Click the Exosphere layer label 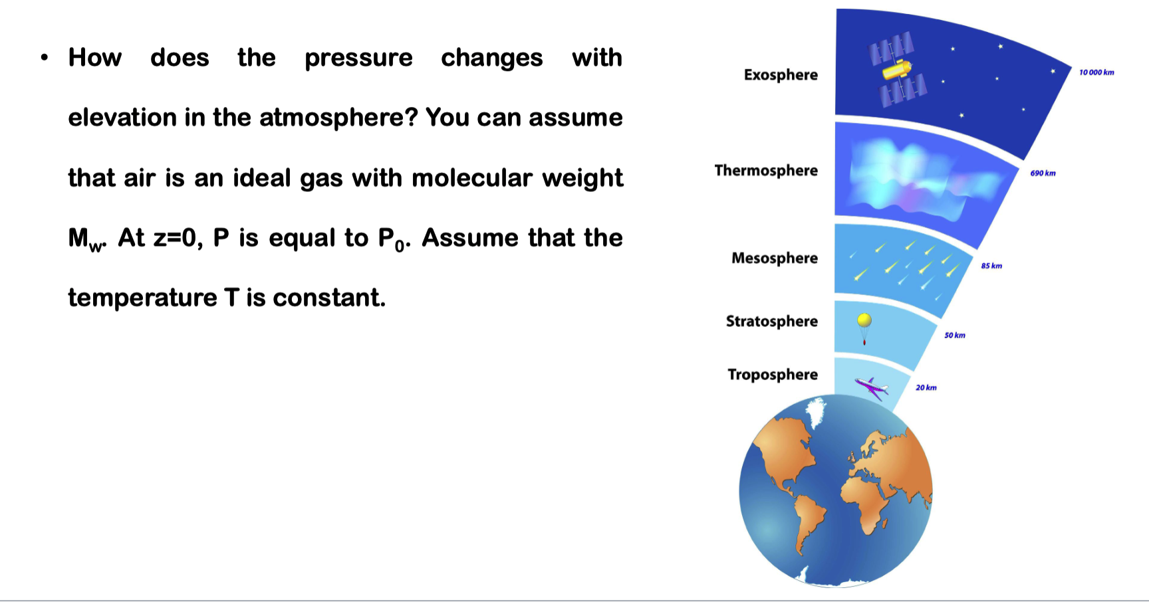click(781, 74)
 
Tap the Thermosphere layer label click(766, 170)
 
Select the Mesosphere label click(775, 258)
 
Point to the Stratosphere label click(771, 321)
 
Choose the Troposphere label click(773, 374)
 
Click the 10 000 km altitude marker click(1096, 72)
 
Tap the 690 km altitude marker click(1043, 173)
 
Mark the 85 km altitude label click(991, 266)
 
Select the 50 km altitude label click(955, 336)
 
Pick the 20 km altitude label click(926, 387)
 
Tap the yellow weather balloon click(864, 322)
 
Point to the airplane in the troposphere click(872, 387)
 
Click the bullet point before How click(44, 58)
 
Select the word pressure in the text click(358, 58)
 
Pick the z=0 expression click(178, 238)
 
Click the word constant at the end click(328, 298)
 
